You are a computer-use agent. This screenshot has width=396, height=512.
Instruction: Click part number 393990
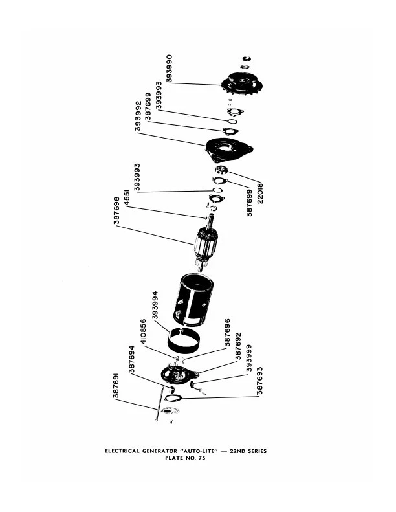click(x=170, y=67)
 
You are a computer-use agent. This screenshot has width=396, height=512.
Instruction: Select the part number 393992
click(x=139, y=117)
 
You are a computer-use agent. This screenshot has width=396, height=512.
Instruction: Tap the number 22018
click(x=260, y=192)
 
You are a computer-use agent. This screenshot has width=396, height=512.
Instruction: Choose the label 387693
click(x=259, y=383)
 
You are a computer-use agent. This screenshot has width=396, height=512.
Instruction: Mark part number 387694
click(x=132, y=360)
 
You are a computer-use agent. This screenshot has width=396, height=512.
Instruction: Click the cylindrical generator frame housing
click(x=193, y=298)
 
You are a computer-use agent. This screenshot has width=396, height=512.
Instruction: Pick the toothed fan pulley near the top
click(x=244, y=83)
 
